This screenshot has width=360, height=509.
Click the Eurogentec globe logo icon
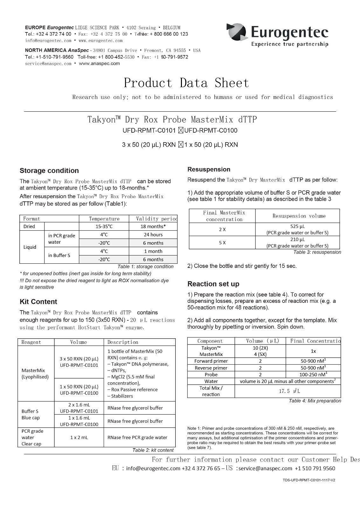point(237,32)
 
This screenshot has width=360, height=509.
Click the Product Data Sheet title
point(186,83)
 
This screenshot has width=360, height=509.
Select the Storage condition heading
point(49,171)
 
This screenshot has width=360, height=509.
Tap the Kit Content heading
point(38,302)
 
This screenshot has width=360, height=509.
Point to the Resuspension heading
point(209,169)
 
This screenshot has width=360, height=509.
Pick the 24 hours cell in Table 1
point(153,234)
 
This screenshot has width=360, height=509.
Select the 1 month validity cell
point(153,251)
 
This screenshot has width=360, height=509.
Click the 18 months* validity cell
point(153,226)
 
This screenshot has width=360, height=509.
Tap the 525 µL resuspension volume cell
point(297,229)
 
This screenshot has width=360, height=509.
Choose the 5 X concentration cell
point(222,242)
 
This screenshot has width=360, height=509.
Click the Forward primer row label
point(211,361)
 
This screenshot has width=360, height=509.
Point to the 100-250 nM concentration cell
point(313,374)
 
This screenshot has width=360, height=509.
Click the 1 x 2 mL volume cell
point(79,437)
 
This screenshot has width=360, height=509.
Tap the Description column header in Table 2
point(123,342)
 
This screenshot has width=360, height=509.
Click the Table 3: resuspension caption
point(317,252)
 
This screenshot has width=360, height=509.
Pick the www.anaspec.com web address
point(99,63)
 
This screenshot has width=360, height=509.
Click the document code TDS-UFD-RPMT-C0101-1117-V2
point(308,480)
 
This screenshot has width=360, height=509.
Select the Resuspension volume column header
point(299,216)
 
